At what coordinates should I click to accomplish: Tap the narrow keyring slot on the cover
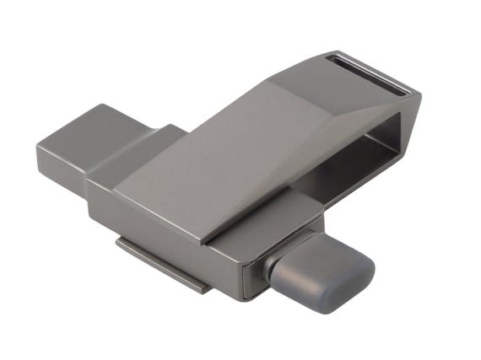(x=368, y=73)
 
